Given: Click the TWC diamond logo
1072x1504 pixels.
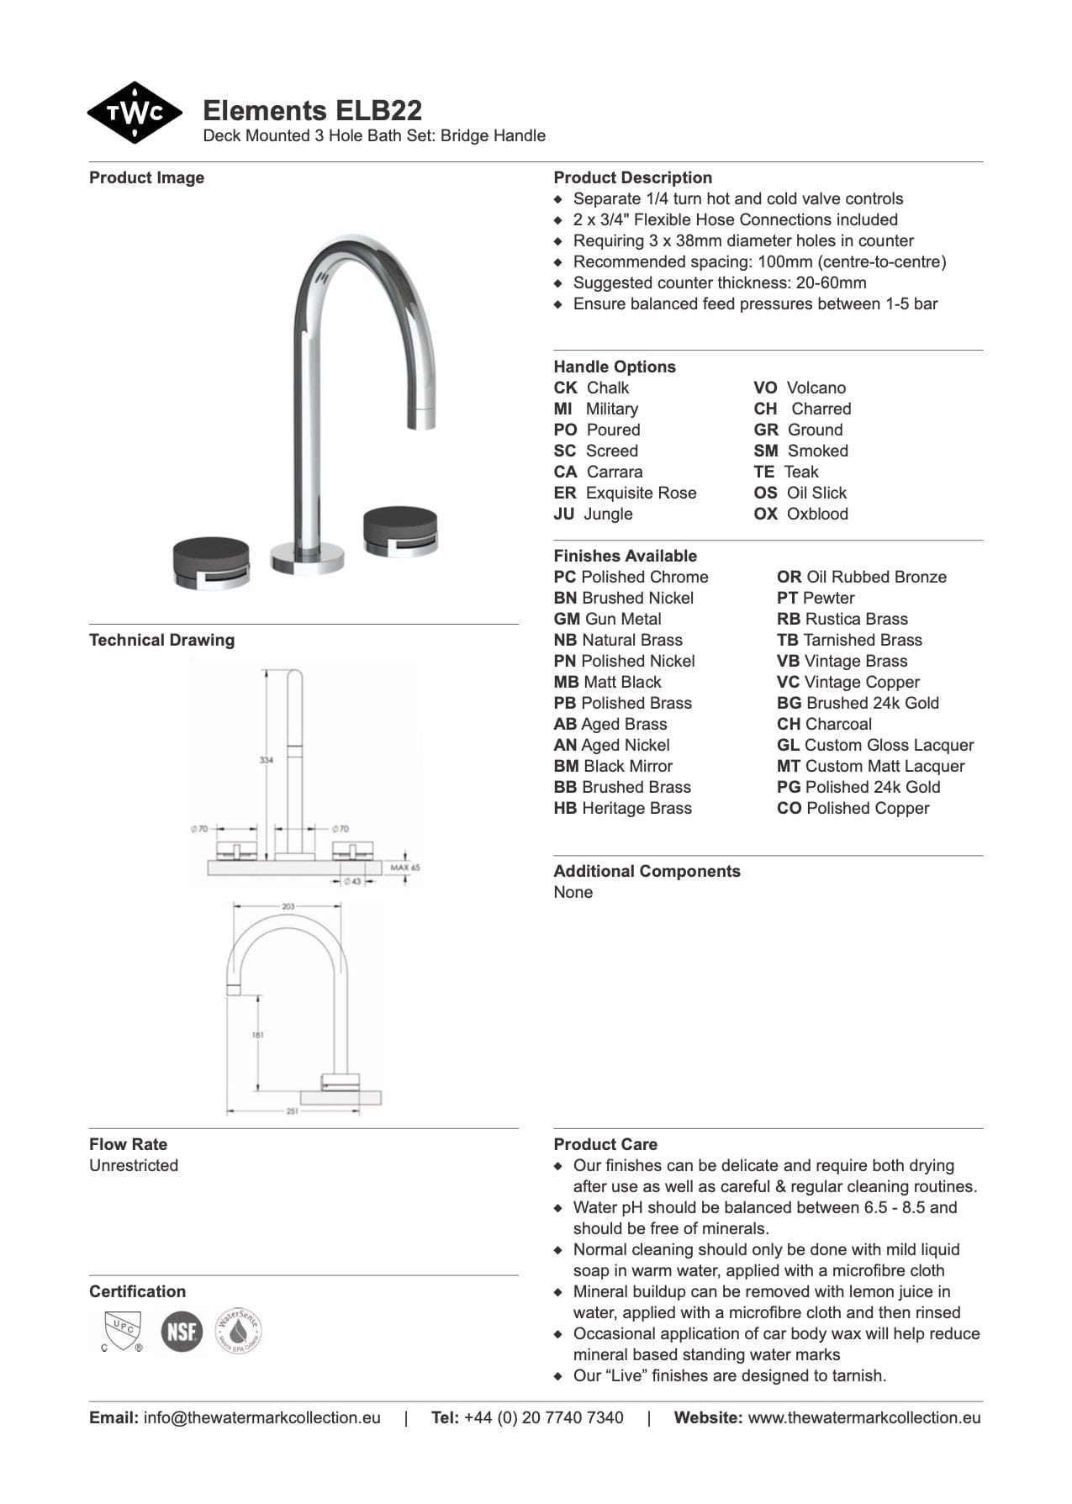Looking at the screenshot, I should coord(134,113).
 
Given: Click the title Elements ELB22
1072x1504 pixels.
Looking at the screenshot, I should coord(312,111).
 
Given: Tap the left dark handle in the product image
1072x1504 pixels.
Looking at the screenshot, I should coord(210,564).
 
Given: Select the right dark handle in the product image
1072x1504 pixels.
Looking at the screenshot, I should coord(400,530).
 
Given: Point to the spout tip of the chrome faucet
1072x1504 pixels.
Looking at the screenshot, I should coord(424,418).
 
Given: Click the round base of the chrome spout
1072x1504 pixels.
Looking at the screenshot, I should coord(307,557).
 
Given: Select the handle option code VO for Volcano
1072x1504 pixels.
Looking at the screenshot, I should coord(764,388).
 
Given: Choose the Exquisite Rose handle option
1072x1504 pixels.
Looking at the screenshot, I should coord(625,493).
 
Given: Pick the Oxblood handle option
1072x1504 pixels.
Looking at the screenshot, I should coord(800,514).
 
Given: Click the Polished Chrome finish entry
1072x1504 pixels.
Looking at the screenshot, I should coord(631,577).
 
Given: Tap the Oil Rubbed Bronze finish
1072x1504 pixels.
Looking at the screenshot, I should coord(861,577).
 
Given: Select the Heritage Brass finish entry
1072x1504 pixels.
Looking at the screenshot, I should coord(622,808).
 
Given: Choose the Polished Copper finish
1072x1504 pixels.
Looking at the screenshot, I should coord(853,808).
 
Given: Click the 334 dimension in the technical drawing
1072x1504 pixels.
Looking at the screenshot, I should coord(266,760).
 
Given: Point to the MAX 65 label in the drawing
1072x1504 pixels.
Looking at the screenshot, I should coord(404,867).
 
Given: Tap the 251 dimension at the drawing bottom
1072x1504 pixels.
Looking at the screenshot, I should coord(292,1111).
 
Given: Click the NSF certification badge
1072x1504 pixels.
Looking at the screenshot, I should coord(182,1332).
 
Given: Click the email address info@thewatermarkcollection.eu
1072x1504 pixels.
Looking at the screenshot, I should coord(261,1417).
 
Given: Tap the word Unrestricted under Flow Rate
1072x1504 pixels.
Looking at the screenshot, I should coord(134,1165).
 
